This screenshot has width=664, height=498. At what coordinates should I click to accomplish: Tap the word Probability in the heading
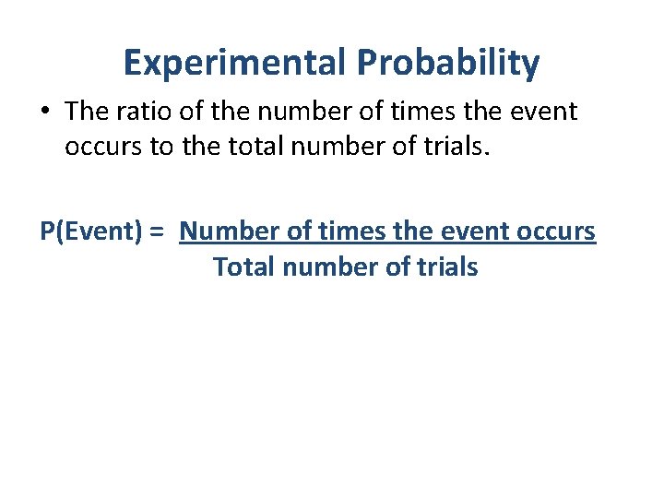(x=449, y=63)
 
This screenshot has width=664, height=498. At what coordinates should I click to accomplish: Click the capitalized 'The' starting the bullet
(x=87, y=112)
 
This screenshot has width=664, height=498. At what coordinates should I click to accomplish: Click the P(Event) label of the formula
(x=91, y=231)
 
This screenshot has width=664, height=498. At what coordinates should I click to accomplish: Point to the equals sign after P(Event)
(x=157, y=231)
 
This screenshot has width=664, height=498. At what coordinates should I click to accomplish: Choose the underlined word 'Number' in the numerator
(x=230, y=231)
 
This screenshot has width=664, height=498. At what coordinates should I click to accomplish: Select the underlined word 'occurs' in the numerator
(x=562, y=231)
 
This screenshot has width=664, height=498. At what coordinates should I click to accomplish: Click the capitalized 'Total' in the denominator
(x=244, y=267)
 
